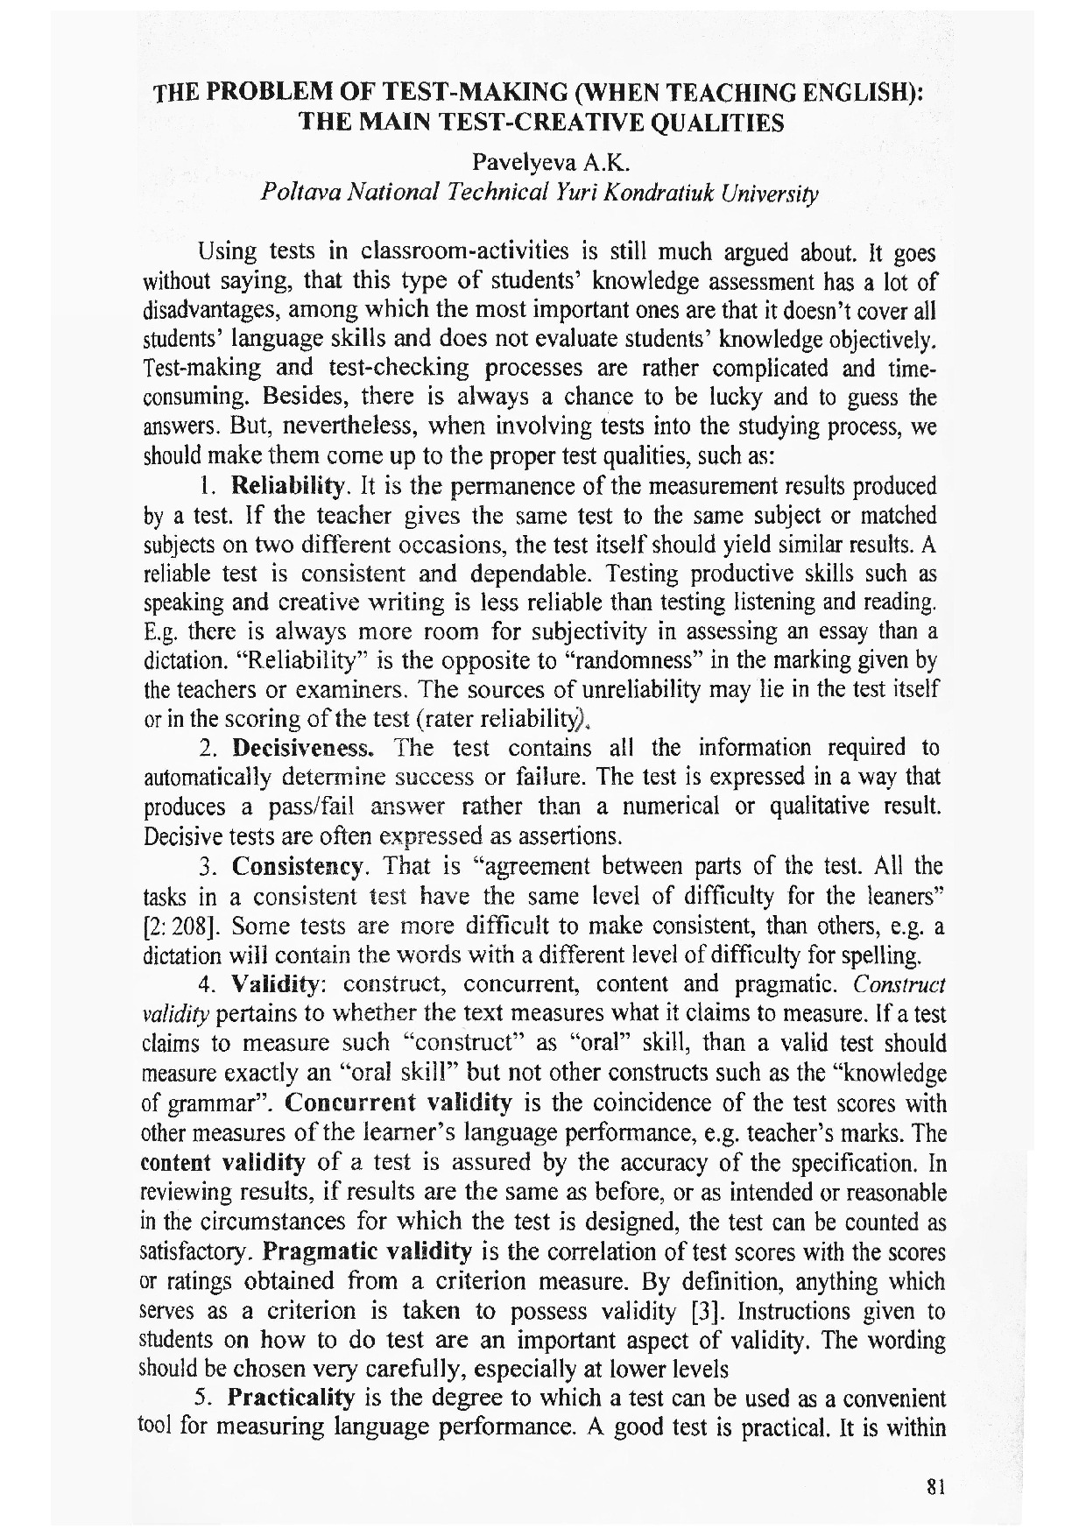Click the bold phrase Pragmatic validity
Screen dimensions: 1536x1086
pyautogui.click(x=368, y=1251)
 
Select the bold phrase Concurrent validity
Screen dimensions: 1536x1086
pyautogui.click(x=398, y=1103)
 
